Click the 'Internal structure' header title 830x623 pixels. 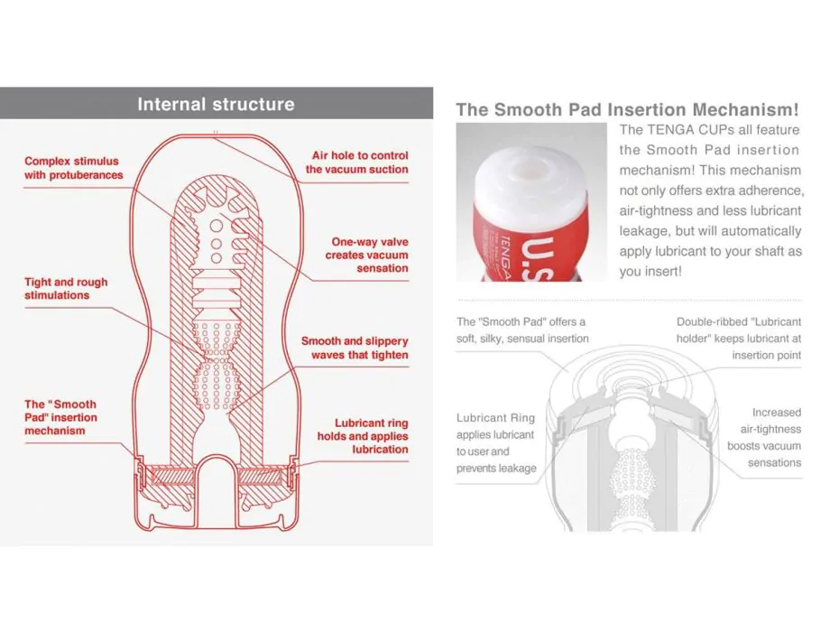(x=216, y=104)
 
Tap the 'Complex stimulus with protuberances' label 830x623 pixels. (x=74, y=168)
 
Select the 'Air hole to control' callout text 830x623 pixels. (x=360, y=155)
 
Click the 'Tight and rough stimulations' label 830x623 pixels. (x=66, y=289)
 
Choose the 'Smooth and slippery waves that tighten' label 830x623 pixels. (x=355, y=348)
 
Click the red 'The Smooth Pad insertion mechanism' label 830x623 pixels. (x=60, y=417)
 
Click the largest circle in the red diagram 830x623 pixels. (x=216, y=227)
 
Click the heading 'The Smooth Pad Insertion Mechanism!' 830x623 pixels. (x=627, y=109)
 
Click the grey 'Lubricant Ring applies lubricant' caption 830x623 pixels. (x=496, y=443)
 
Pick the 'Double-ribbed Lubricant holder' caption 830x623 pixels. (x=738, y=339)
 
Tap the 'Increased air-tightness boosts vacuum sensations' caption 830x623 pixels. (x=764, y=438)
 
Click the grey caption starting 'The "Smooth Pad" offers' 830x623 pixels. (x=522, y=330)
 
